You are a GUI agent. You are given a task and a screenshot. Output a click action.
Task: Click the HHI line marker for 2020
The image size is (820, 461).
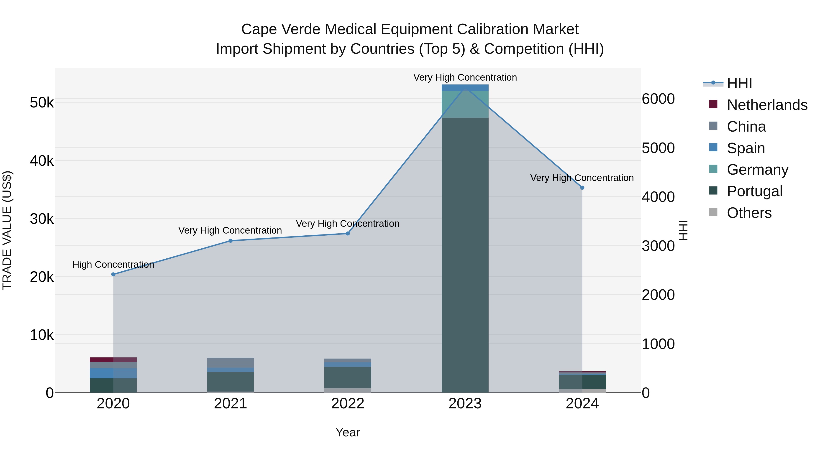click(113, 274)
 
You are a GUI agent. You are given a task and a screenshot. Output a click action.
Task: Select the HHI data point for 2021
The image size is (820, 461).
click(231, 241)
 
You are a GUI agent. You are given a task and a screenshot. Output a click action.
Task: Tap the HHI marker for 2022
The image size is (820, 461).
click(348, 234)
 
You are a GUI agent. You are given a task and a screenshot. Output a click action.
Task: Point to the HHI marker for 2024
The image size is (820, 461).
click(582, 188)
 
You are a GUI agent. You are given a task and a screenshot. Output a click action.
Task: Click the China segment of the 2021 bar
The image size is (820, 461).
click(231, 362)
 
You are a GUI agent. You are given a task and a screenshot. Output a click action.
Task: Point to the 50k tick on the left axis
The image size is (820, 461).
click(42, 103)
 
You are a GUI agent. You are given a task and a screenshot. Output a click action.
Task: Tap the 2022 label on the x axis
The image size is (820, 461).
click(348, 404)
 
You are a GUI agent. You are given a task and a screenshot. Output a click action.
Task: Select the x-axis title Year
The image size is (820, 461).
click(348, 432)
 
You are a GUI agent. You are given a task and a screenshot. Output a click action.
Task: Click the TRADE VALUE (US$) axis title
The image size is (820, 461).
click(7, 230)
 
